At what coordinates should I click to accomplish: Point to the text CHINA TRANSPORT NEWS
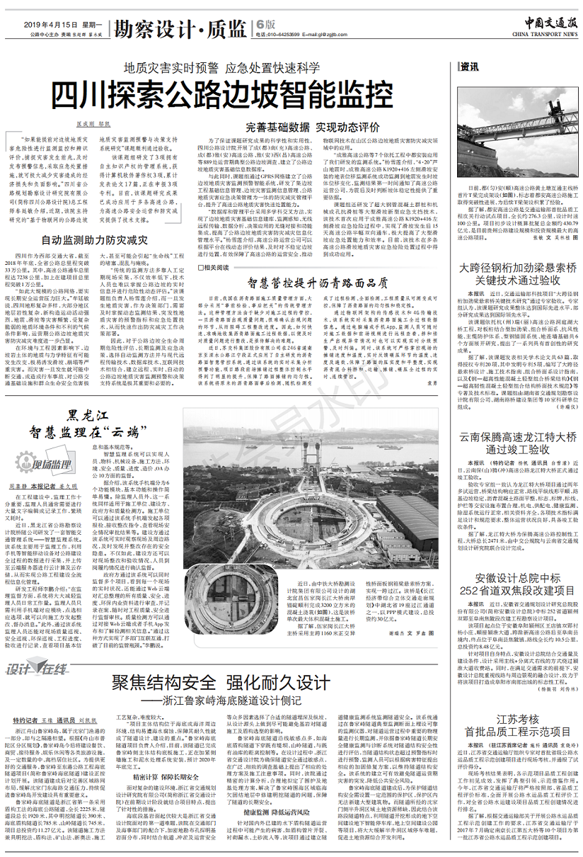pos(543,33)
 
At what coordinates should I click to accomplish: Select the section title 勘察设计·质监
pos(181,28)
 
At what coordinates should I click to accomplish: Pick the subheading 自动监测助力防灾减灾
pos(93,240)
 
